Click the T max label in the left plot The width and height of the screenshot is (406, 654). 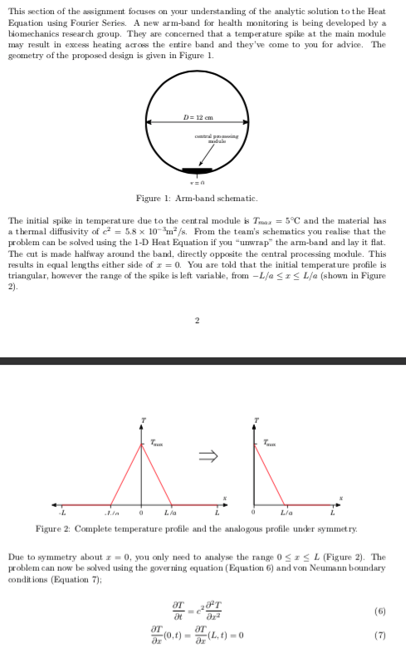pyautogui.click(x=156, y=441)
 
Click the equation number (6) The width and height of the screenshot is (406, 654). pyautogui.click(x=379, y=611)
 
